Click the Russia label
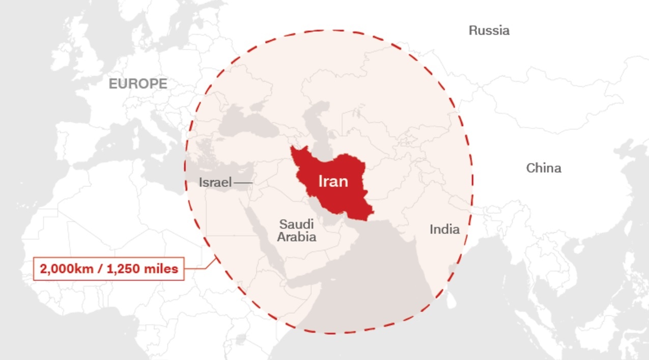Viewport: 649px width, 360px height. click(x=489, y=31)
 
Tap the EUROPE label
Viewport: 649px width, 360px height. click(x=138, y=84)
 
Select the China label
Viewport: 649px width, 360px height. click(x=544, y=168)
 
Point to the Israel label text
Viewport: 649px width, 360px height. click(x=215, y=182)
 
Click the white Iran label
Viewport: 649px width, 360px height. click(x=333, y=181)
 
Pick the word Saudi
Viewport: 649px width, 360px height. click(x=296, y=224)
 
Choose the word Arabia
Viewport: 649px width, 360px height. click(x=297, y=237)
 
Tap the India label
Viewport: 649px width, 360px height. click(x=444, y=229)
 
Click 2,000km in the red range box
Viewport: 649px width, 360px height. click(x=69, y=268)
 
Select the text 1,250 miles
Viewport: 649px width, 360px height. click(x=144, y=268)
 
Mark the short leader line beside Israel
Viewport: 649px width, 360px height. click(x=243, y=182)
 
